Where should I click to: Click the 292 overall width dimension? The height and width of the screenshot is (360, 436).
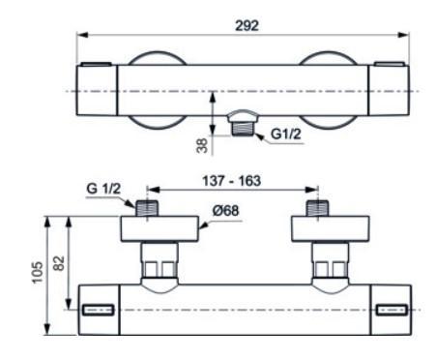coord(247,26)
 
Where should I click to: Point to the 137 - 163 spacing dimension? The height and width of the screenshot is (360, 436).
coord(233,180)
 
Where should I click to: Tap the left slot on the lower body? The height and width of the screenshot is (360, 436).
coord(99,310)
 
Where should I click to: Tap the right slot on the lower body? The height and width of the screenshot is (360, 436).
coord(392,310)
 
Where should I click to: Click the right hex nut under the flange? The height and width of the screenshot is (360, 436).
coord(329,262)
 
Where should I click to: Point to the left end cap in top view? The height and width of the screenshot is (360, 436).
coord(98,89)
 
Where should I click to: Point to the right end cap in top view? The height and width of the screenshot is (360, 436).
coord(393,89)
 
